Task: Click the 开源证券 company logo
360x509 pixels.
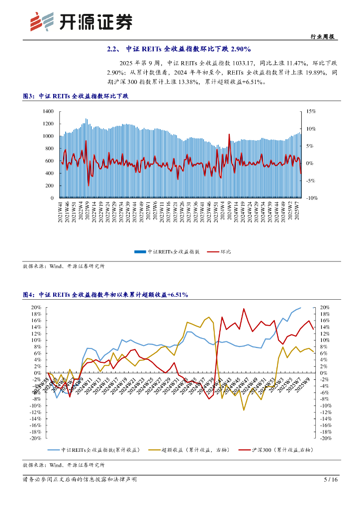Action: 82,21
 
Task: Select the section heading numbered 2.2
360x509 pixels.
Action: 179,49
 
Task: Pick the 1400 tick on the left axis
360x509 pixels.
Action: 48,111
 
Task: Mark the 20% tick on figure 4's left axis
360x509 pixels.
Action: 35,307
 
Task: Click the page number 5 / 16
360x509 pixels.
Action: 331,480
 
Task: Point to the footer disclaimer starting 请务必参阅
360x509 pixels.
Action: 80,480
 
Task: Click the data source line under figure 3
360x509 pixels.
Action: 64,266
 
